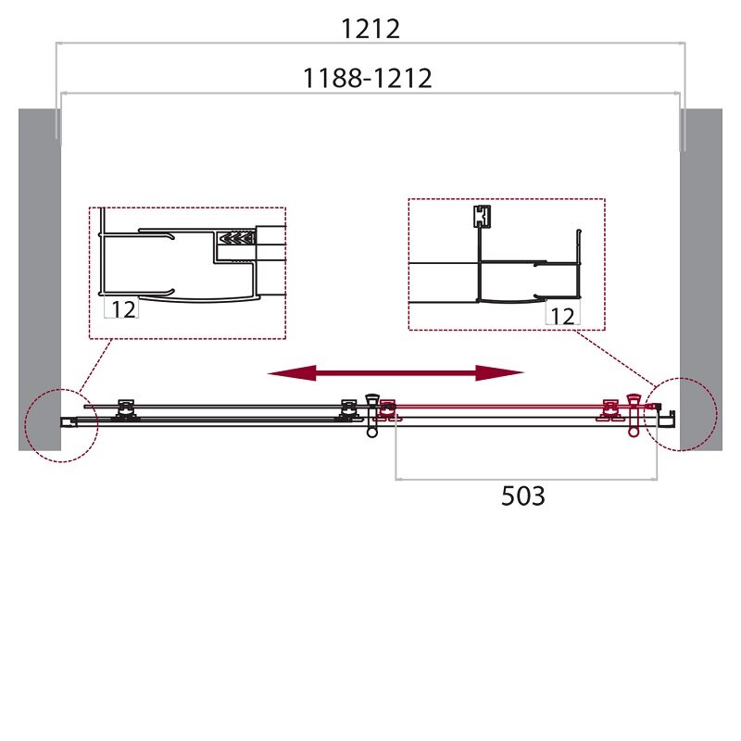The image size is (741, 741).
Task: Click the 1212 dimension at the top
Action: click(x=370, y=30)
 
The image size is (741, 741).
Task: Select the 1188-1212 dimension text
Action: click(x=367, y=79)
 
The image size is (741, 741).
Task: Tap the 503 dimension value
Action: click(x=522, y=496)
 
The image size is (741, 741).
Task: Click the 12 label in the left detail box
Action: click(x=123, y=309)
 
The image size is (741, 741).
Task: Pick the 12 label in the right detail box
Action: click(x=562, y=316)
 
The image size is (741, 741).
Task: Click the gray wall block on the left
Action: click(x=40, y=280)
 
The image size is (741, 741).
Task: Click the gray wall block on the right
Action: click(x=701, y=280)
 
